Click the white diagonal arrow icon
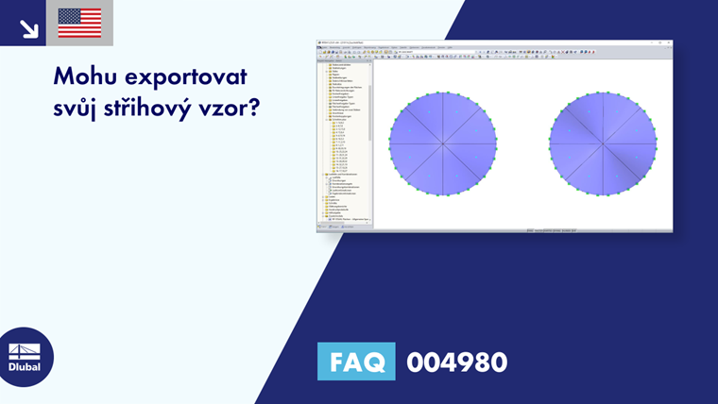coord(27,27)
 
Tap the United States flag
coord(79,23)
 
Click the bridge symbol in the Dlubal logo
coord(25,350)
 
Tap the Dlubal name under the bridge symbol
coord(25,367)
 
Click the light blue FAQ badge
coord(356,362)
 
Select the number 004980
coord(456,362)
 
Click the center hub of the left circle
coord(442,144)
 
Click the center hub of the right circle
coord(603,144)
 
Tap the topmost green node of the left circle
coord(442,92)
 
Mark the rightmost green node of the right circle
coord(656,144)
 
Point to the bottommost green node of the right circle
coord(603,196)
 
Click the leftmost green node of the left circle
coord(389,144)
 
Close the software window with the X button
coord(668,42)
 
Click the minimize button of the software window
coord(653,42)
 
